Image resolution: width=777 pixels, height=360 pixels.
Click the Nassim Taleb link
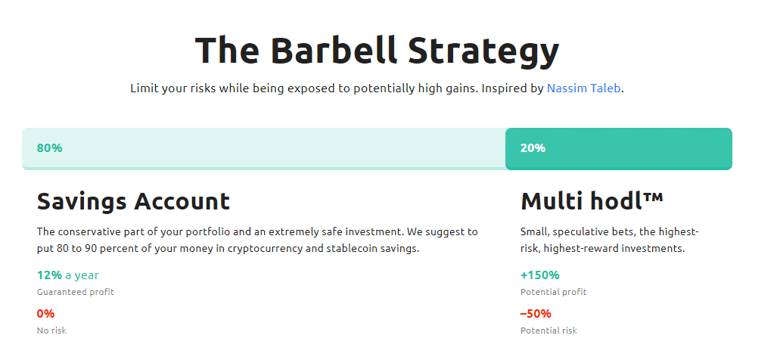coord(583,88)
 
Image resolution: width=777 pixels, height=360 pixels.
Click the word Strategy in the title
coord(483,52)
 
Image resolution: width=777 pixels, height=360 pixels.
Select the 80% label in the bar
coord(49,148)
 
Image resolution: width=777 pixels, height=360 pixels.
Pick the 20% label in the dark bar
coord(533,148)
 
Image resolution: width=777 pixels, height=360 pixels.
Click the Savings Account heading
coord(133,201)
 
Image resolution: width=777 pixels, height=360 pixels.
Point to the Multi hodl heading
coord(592,201)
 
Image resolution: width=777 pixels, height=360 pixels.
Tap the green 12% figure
coord(49,275)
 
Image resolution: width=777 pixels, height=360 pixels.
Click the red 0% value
coord(45,314)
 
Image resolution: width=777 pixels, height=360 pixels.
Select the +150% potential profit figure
coord(539,275)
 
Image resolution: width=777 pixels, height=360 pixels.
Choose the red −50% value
coord(536,314)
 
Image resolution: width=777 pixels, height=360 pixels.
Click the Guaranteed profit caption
coord(76,292)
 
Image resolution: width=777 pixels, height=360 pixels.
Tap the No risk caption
coord(51,331)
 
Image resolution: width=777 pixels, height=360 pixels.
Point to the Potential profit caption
coord(554,292)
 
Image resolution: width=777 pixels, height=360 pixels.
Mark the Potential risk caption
coord(549,331)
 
